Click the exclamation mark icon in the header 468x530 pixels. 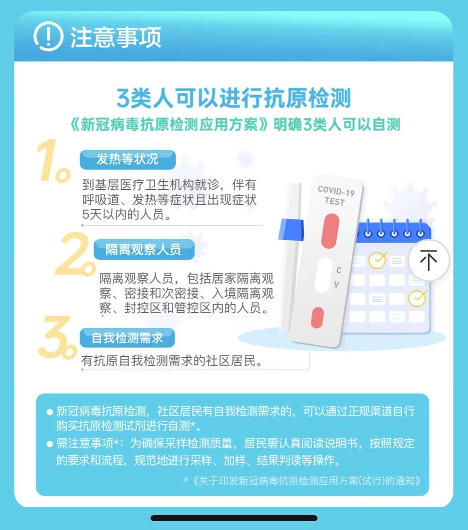tap(48, 37)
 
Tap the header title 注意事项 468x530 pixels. tap(116, 37)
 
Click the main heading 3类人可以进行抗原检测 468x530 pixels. tap(233, 98)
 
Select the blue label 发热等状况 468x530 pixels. tap(127, 159)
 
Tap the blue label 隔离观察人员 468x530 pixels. tap(143, 249)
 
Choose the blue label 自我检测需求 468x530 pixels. tap(127, 338)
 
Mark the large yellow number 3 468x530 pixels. tap(56, 337)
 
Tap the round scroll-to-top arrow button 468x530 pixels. tap(428, 260)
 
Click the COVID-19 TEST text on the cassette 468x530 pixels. tap(335, 196)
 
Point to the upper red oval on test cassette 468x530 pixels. tap(330, 231)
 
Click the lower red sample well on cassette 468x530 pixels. tap(317, 317)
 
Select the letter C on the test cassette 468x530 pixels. tap(339, 270)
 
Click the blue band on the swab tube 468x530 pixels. tap(291, 230)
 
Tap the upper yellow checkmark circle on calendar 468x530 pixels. tap(377, 260)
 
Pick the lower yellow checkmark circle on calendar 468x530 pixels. tap(417, 298)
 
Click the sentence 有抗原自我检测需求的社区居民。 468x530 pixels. tap(173, 361)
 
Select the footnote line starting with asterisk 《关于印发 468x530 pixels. tap(302, 480)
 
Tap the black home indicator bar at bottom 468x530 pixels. tap(234, 518)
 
